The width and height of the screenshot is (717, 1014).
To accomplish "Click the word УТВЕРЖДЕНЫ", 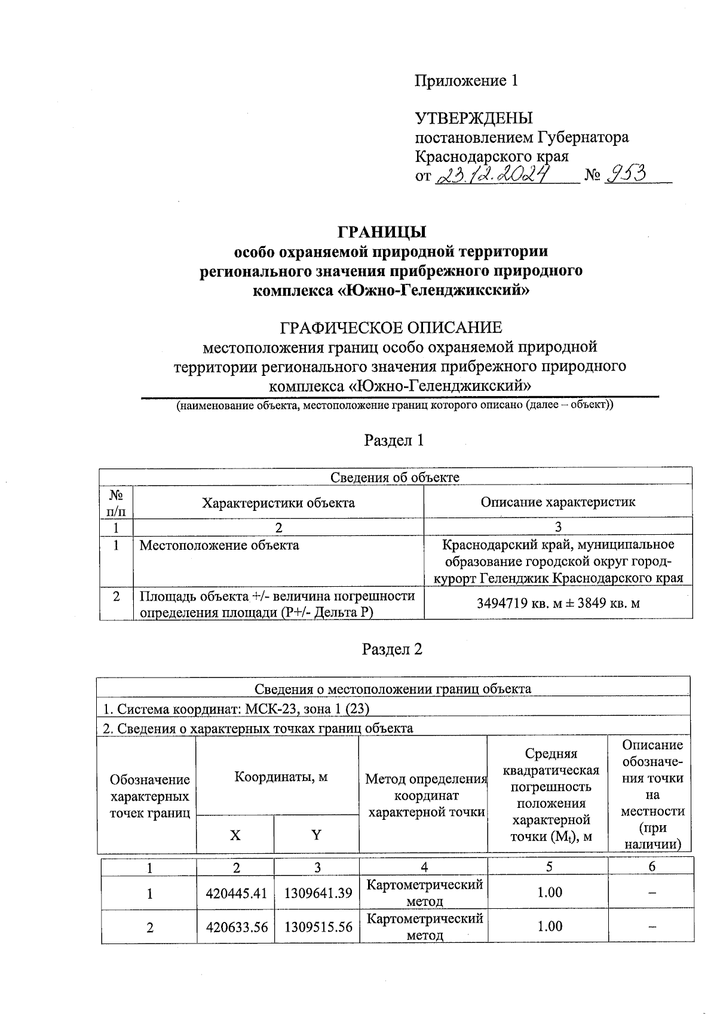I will [x=474, y=118].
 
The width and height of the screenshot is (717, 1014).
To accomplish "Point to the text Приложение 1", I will [x=466, y=81].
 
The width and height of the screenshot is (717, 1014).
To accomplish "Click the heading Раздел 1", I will [x=394, y=440].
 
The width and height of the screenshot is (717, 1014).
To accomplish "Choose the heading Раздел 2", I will [x=393, y=649].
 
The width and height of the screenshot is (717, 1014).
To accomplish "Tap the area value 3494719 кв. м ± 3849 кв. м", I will [x=558, y=603].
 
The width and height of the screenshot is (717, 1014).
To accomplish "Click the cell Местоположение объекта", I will [x=219, y=545].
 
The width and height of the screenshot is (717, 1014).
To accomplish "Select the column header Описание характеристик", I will [x=558, y=502].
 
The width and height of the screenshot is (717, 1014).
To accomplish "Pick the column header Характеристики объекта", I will [x=278, y=503].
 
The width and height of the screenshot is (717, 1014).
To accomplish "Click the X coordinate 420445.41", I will [x=235, y=893].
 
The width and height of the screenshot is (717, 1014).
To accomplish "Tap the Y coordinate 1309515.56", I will [x=318, y=927].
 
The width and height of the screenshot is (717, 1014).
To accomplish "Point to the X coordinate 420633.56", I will [x=235, y=927].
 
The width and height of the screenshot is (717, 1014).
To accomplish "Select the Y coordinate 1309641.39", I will [x=318, y=893].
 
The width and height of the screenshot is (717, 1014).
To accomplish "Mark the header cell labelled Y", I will [x=317, y=835].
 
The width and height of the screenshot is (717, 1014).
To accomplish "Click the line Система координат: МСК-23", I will [x=237, y=709].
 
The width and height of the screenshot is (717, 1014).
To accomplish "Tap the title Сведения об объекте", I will [x=395, y=477].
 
